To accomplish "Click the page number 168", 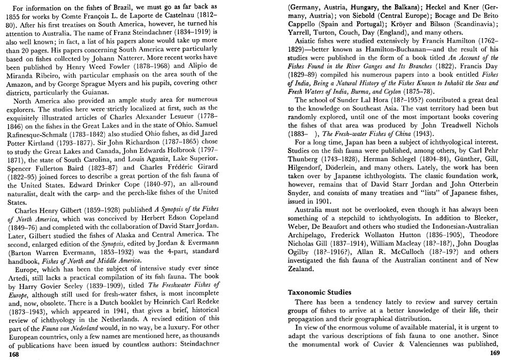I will [x=11, y=354].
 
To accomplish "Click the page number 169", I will [x=494, y=353].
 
